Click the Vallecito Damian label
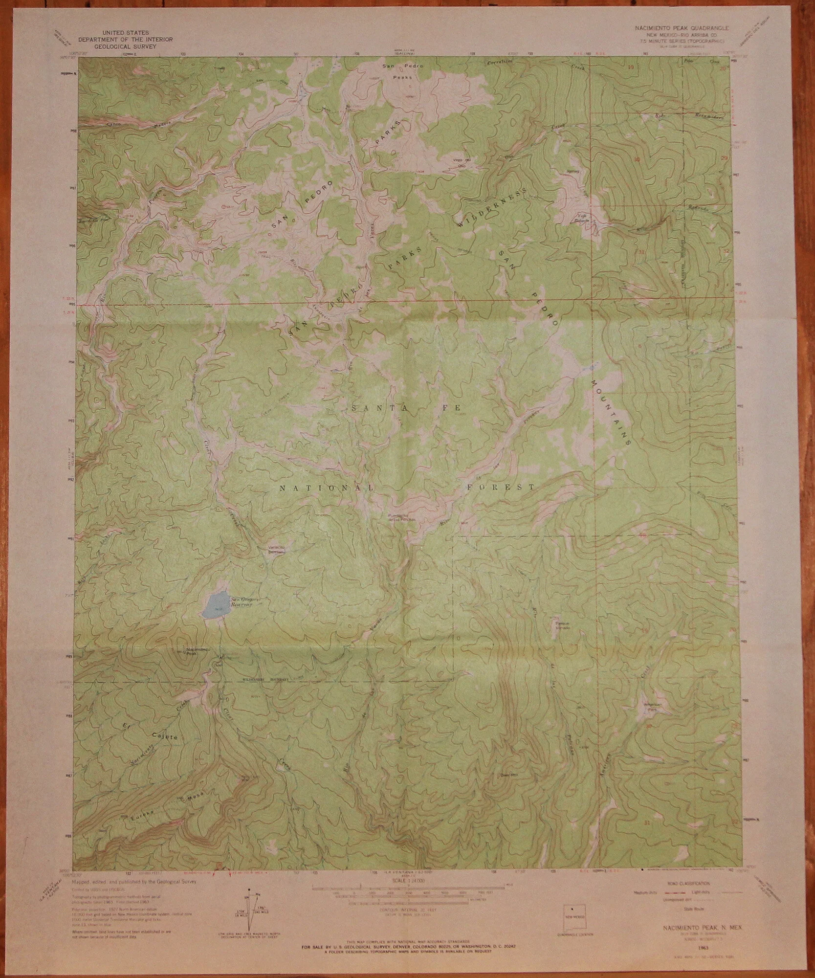point(276,549)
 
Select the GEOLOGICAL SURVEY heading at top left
point(126,47)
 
